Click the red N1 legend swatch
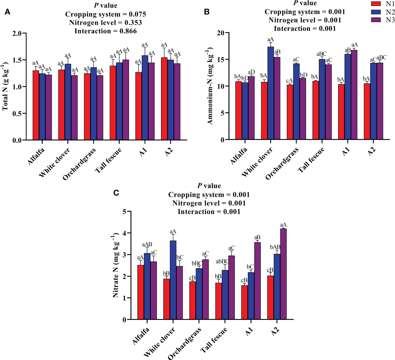point(376,4)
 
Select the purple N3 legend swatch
point(376,20)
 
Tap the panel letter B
point(207,12)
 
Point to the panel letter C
point(116,193)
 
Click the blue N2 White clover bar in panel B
point(270,93)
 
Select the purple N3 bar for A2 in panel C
point(283,274)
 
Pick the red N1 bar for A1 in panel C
point(244,302)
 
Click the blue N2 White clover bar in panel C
point(173,280)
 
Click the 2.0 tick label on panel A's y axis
point(17,33)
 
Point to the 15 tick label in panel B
point(220,59)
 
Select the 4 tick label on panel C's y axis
point(124,233)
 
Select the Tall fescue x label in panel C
point(214,340)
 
